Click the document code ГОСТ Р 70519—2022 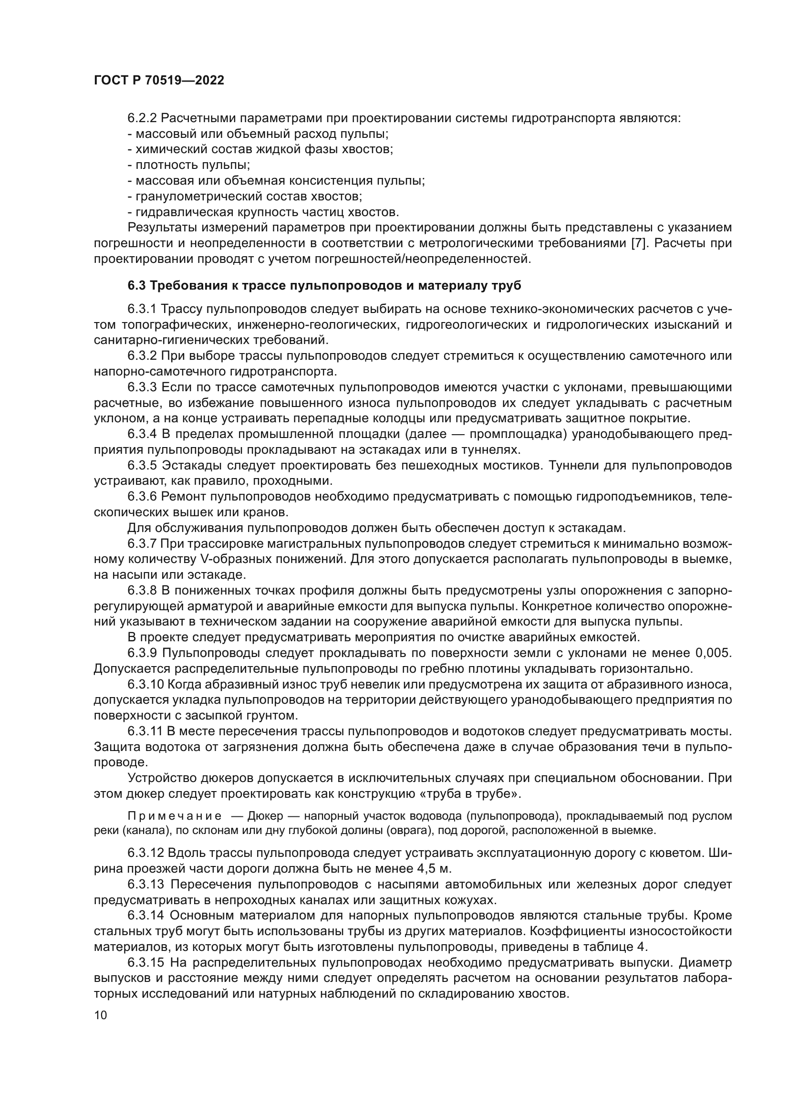(x=159, y=81)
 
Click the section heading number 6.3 (x=137, y=286)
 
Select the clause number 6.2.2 (x=142, y=118)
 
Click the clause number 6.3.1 (x=142, y=309)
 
